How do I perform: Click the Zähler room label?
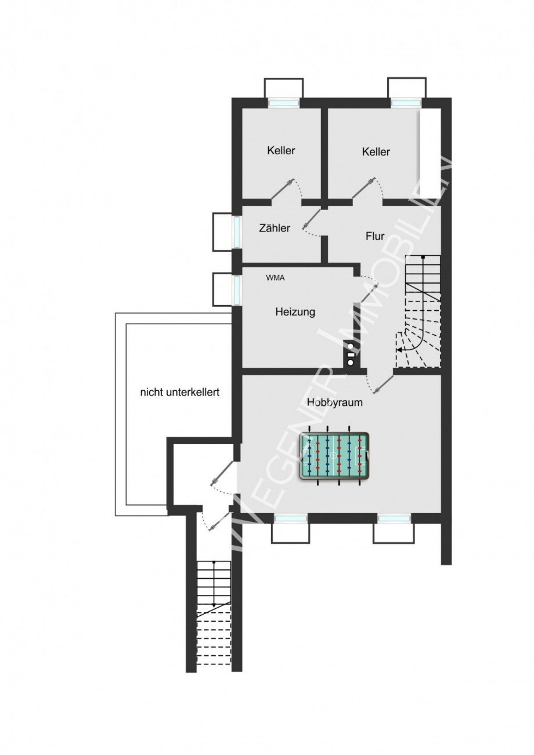[275, 228]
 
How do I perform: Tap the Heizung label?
[295, 312]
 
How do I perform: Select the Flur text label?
[375, 236]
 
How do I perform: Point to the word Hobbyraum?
[335, 402]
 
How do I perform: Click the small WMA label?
[275, 278]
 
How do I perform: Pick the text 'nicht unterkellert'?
[180, 393]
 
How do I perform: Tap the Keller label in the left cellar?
[281, 150]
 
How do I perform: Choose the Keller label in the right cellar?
[376, 152]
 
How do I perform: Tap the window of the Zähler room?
[237, 231]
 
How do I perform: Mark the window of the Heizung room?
[237, 291]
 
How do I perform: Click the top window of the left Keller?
[284, 103]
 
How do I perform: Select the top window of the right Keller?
[407, 103]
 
